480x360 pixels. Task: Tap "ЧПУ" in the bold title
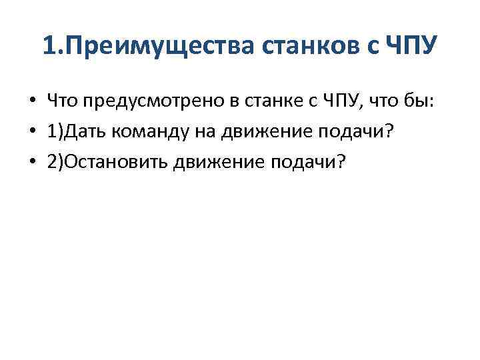[412, 47]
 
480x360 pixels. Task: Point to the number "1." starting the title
[50, 47]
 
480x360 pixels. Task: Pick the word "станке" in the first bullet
[261, 101]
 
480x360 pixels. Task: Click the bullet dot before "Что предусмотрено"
[32, 102]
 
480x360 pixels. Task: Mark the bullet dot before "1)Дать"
[32, 131]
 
